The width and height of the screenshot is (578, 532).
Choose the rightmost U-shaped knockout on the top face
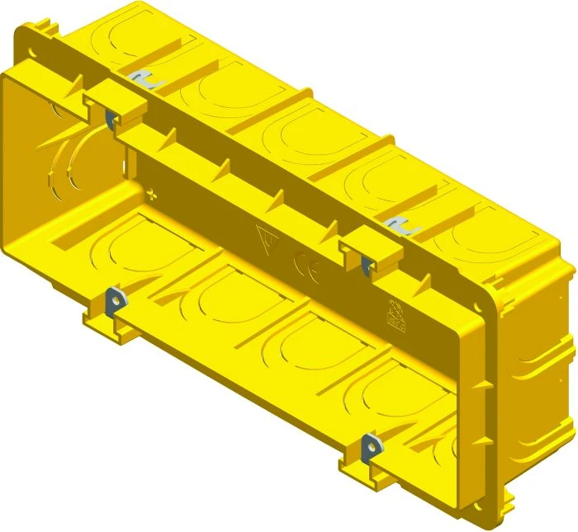click(x=479, y=235)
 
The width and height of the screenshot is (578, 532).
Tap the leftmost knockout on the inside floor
click(x=124, y=247)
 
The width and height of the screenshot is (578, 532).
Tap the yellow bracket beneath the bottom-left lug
click(x=103, y=322)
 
